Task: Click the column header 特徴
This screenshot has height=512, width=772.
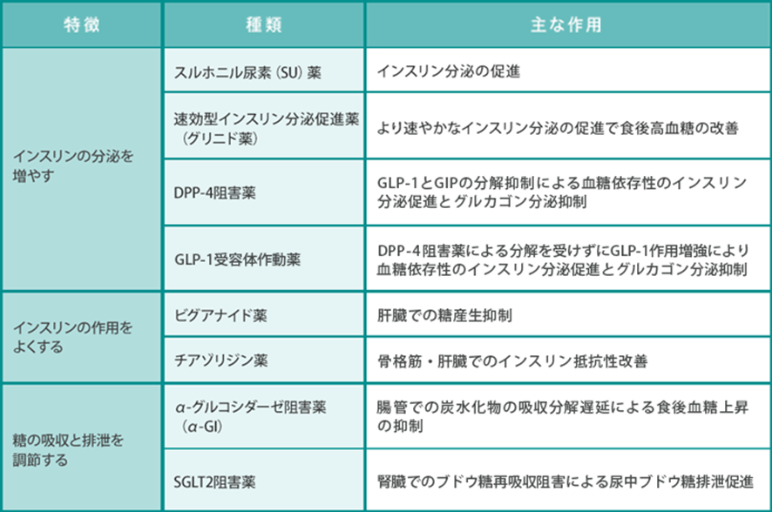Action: (82, 24)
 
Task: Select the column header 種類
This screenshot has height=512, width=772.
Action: (264, 24)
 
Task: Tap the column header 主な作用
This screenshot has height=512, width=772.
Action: (566, 24)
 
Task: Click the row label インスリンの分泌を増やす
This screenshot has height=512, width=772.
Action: (73, 165)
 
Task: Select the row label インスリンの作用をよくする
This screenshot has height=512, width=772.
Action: (72, 337)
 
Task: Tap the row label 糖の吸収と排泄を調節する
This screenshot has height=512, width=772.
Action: (68, 450)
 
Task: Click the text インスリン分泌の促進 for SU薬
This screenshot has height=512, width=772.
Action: (449, 71)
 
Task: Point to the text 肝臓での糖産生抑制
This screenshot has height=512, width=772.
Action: (444, 315)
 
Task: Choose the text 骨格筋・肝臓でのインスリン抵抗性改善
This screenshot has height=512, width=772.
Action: (512, 361)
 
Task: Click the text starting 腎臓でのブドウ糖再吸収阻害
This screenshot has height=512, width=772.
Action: (565, 482)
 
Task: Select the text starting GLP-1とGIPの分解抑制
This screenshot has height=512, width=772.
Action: (562, 192)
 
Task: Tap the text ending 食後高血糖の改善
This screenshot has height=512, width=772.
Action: (558, 128)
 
